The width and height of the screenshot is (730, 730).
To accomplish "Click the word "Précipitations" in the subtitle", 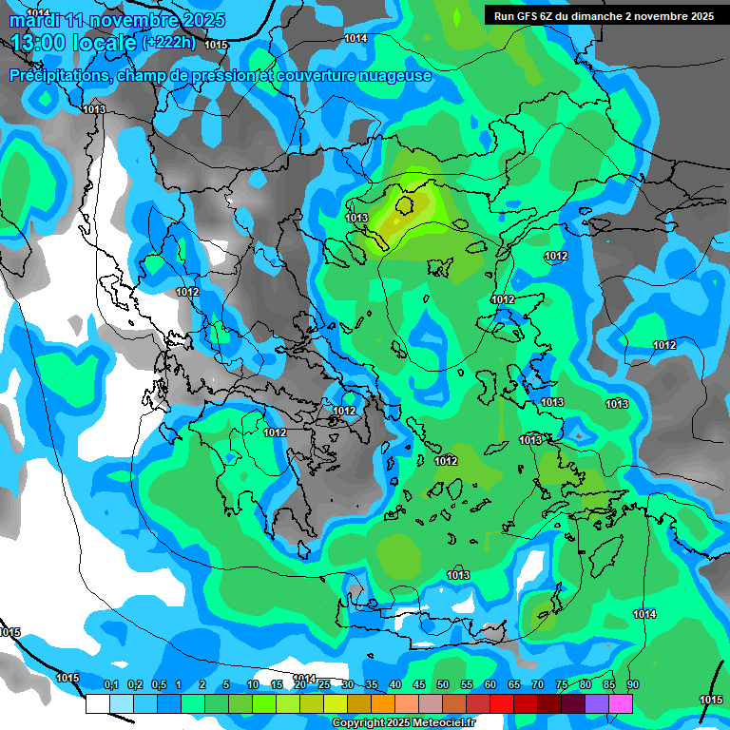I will [x=59, y=75].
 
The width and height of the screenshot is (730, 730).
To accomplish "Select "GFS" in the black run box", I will [x=538, y=16].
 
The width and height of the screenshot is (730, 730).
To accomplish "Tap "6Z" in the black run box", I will [x=562, y=16].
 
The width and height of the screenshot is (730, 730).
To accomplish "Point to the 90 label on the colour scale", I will [x=633, y=684].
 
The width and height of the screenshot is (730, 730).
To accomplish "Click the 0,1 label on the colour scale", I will [x=110, y=684].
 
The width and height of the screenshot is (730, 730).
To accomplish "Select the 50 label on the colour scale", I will [x=443, y=684].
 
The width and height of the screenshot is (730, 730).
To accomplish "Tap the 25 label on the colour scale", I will [x=324, y=684].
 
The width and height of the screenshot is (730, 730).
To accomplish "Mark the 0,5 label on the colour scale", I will [x=158, y=684].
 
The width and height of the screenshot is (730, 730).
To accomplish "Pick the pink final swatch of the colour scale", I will [x=621, y=703].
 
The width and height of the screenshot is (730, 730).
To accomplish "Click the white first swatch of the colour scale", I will [x=98, y=703].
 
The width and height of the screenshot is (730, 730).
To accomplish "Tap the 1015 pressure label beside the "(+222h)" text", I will [x=216, y=45].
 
